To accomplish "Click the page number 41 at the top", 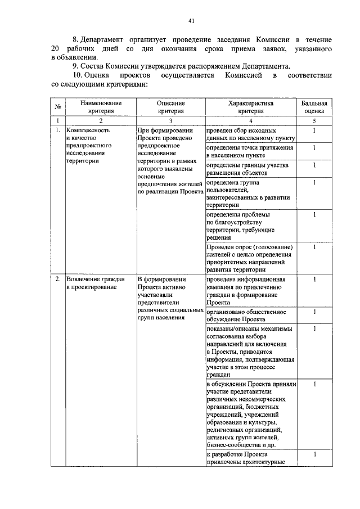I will tap(191, 21).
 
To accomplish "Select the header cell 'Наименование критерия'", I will tap(101, 107).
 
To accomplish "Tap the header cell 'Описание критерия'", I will tap(170, 107).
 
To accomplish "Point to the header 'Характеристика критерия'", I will tap(251, 107).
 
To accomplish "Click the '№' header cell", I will tap(57, 107).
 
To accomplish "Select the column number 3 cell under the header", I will tap(170, 121).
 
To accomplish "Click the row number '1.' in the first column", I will tap(58, 130).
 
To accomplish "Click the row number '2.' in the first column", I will tap(58, 279).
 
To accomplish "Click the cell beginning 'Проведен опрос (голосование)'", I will tap(250, 258).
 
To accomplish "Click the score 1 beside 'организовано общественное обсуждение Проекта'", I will tap(314, 312).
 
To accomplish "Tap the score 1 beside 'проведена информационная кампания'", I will tap(314, 279).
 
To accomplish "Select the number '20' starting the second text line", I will tap(55, 49).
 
